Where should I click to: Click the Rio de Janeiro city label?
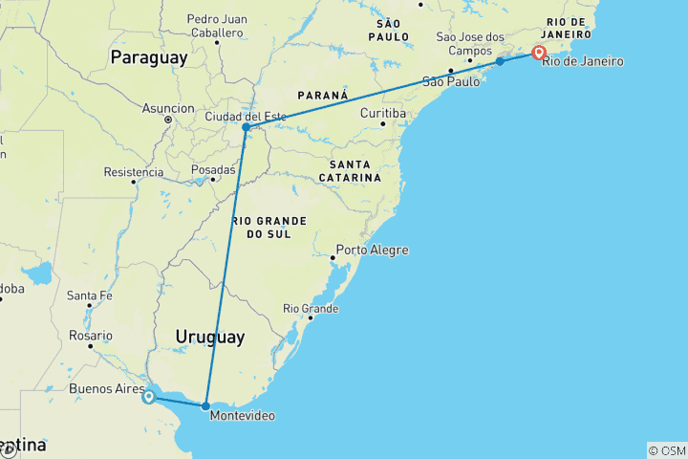pos(583,62)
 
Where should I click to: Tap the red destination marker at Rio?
pos(539,54)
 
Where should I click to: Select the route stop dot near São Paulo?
pos(500,61)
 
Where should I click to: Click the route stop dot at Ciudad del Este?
pos(246,127)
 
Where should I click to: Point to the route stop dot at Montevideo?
pos(205,406)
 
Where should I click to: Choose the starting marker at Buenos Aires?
pos(149,397)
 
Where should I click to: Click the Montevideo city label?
pos(242,416)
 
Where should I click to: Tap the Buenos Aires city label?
pos(106,389)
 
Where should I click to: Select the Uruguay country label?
pos(209,337)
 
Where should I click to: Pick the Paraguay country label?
pos(148,57)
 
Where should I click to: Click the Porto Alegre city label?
pos(374,251)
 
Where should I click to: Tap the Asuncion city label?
pos(168,108)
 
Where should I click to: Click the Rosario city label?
pos(91,336)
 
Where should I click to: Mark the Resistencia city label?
pos(134,173)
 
